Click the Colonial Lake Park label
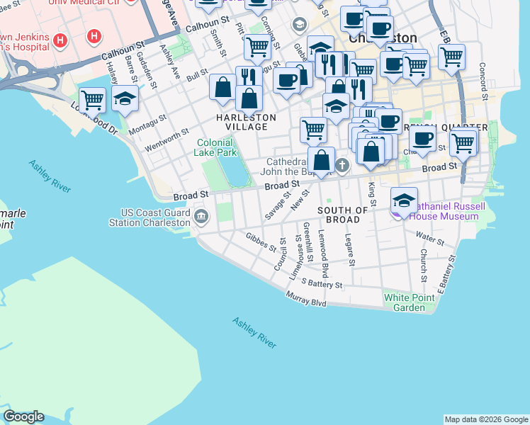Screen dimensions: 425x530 (x=216, y=147)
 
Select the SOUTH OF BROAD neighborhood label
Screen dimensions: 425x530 (x=343, y=215)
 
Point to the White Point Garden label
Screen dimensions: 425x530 (x=409, y=302)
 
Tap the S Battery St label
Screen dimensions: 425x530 (x=322, y=284)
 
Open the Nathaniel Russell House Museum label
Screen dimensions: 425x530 (x=438, y=211)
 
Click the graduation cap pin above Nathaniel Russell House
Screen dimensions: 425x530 (x=404, y=200)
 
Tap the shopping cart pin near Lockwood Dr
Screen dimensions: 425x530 (x=92, y=100)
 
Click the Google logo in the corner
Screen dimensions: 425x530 (x=23, y=416)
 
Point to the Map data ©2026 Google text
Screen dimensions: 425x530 (x=486, y=419)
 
